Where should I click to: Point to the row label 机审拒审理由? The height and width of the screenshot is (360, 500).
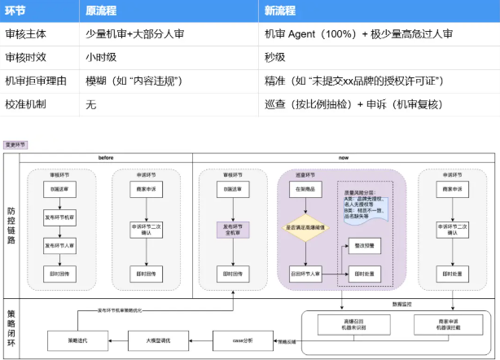(x=34, y=81)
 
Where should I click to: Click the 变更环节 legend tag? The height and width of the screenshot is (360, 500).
(x=15, y=144)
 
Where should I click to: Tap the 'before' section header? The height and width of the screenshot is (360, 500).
(x=105, y=157)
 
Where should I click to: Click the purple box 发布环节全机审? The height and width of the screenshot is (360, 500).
(x=233, y=229)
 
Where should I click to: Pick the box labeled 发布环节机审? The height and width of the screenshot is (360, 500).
(x=61, y=218)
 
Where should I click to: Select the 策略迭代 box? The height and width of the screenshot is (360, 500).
(x=77, y=340)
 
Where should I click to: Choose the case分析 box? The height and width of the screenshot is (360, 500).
(x=241, y=340)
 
